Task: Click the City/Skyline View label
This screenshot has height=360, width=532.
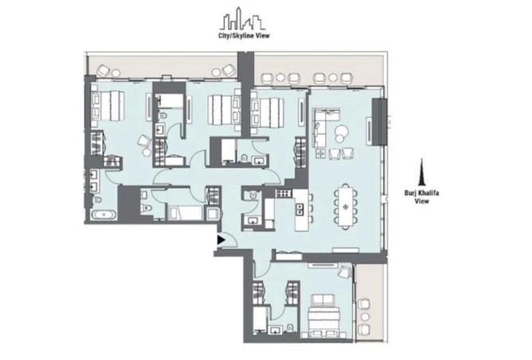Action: (x=244, y=36)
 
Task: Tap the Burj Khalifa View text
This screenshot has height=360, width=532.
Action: (x=422, y=197)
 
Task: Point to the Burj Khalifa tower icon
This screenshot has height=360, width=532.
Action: (x=422, y=172)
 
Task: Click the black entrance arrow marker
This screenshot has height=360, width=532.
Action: (x=221, y=240)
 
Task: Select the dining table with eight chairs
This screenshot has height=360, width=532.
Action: (x=346, y=205)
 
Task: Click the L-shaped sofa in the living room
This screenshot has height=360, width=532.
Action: (x=323, y=127)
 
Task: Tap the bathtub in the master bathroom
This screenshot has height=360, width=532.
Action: (x=104, y=215)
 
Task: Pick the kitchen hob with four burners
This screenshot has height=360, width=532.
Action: (x=284, y=194)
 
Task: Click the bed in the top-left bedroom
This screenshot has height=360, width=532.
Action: (x=108, y=105)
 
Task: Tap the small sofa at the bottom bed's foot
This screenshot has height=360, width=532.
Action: (x=323, y=300)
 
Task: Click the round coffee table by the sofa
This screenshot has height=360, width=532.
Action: (x=340, y=132)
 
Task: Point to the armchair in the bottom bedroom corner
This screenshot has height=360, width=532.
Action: (x=346, y=271)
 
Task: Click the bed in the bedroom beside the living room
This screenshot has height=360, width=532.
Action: (x=267, y=112)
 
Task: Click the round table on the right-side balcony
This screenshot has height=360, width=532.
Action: (x=365, y=316)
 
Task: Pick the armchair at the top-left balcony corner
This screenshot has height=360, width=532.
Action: (x=104, y=71)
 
